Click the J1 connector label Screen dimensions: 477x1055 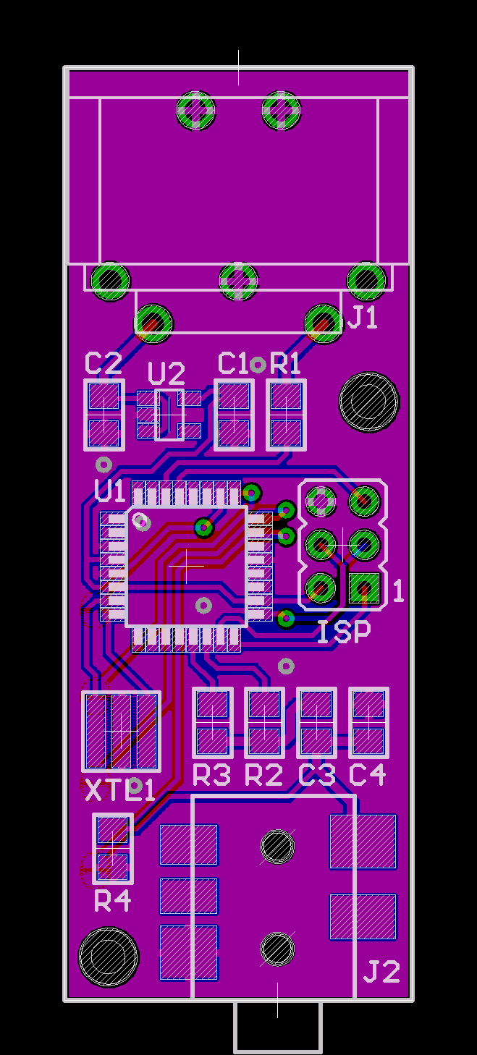(363, 317)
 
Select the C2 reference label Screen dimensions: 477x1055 (104, 363)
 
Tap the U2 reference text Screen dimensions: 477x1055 (166, 374)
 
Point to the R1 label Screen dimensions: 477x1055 (285, 363)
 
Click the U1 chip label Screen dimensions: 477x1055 (110, 491)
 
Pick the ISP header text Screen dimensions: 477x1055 (344, 632)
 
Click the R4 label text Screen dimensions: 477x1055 (113, 901)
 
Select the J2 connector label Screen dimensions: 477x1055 (381, 972)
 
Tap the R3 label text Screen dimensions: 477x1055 (212, 775)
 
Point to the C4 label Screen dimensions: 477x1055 (367, 775)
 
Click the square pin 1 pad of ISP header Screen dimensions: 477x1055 (364, 588)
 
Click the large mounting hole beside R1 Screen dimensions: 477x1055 (369, 402)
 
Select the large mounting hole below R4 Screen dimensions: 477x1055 (109, 957)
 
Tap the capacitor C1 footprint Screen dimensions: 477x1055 (234, 415)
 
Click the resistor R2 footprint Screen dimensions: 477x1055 (264, 723)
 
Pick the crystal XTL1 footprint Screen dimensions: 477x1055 (121, 732)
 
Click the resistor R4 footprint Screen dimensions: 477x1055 (113, 848)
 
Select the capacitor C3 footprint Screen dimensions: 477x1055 (316, 723)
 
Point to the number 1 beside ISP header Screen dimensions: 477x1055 (398, 591)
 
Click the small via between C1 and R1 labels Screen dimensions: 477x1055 (258, 365)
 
